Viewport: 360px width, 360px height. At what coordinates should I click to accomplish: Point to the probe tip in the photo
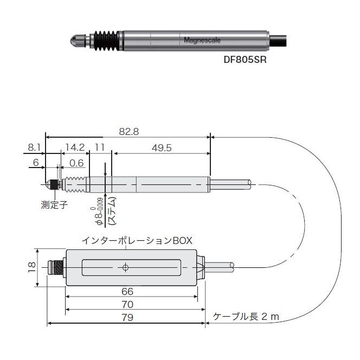74,40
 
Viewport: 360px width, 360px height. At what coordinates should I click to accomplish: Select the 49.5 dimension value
160,147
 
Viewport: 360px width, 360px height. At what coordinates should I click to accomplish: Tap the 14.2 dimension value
74,147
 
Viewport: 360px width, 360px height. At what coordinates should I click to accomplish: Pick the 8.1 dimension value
34,147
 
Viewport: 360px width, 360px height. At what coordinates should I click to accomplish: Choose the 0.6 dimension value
77,162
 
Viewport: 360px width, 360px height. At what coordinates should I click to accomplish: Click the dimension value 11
99,147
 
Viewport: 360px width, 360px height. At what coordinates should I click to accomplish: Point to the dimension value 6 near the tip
36,162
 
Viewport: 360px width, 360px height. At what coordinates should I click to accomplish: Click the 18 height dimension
31,267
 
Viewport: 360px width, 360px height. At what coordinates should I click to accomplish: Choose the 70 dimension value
127,304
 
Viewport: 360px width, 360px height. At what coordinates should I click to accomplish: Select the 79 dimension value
127,317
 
